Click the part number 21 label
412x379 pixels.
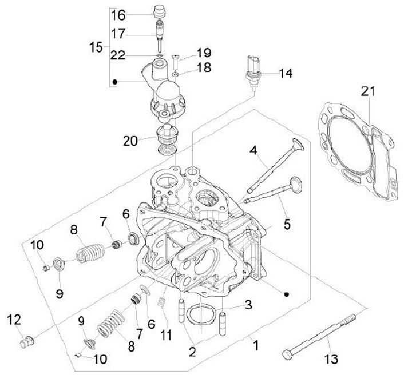(x=368, y=91)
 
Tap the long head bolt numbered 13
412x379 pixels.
(x=319, y=336)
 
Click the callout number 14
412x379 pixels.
(x=286, y=73)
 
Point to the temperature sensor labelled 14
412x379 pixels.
(x=253, y=72)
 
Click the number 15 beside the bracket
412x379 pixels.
(x=96, y=47)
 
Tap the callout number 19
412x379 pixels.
(x=204, y=53)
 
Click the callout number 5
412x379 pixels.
(x=287, y=225)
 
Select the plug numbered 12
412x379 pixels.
(x=27, y=341)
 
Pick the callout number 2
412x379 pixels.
(x=192, y=352)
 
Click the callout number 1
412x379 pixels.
(x=256, y=345)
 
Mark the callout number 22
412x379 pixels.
(x=117, y=55)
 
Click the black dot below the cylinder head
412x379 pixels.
(x=287, y=294)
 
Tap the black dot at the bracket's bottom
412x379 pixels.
(x=114, y=82)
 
